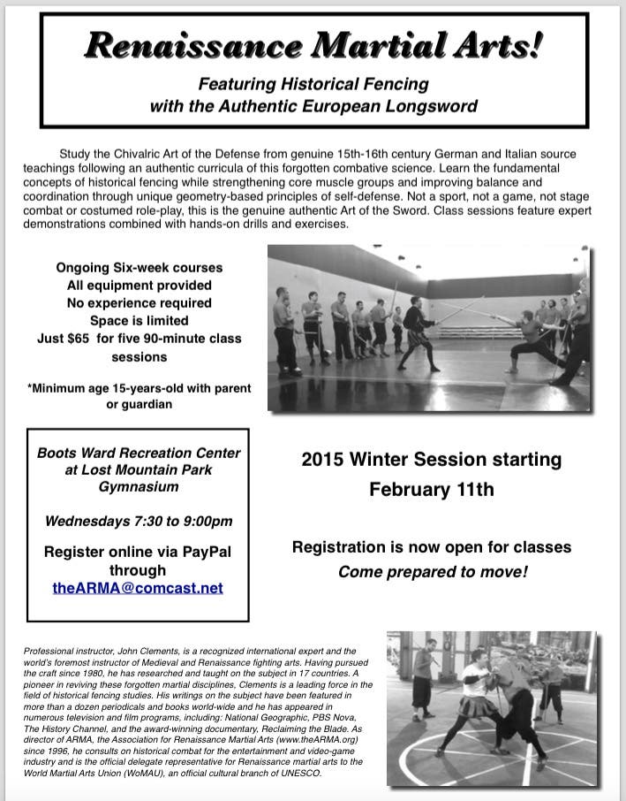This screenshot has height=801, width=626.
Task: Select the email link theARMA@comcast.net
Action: click(x=138, y=588)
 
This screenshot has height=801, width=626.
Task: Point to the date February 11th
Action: click(x=431, y=489)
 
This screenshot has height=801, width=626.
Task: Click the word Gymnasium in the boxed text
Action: click(x=138, y=486)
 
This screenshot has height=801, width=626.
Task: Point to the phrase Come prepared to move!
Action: click(x=433, y=572)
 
